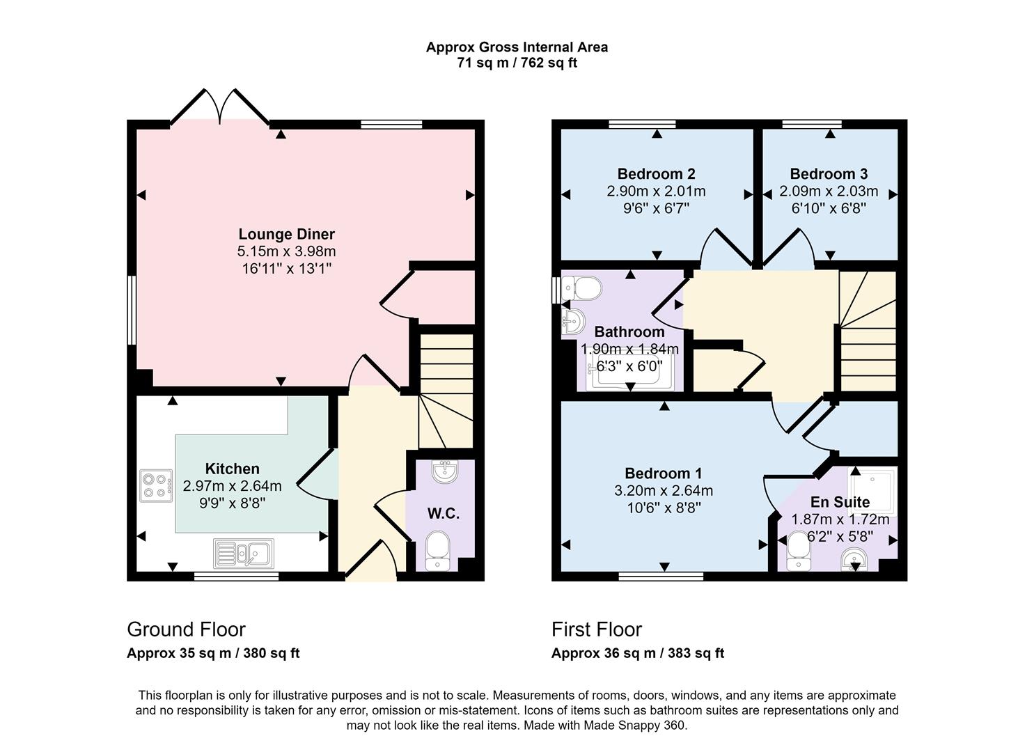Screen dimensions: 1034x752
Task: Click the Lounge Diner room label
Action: pos(286,234)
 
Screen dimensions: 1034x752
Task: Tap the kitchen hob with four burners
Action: pos(156,486)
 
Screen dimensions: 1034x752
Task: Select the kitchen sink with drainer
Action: pos(244,554)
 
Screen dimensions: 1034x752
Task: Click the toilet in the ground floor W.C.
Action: pos(437,551)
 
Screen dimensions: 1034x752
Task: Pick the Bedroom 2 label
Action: pos(656,174)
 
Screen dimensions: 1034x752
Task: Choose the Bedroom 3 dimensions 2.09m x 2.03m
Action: pos(829,191)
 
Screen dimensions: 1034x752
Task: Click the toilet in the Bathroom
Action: pos(581,288)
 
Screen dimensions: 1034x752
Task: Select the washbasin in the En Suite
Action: pos(854,560)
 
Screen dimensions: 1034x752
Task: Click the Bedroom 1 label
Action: pos(664,473)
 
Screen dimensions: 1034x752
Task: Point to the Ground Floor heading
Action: pos(186,629)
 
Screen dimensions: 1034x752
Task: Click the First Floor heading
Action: pos(597,629)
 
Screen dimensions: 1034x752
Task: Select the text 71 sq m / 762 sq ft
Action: pos(517,63)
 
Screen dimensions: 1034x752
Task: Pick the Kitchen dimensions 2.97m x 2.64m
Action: pos(232,485)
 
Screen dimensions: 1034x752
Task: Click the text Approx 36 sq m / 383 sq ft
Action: pos(638,653)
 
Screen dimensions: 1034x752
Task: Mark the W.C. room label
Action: pos(444,513)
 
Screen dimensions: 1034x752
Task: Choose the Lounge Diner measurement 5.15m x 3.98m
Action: pos(286,251)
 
